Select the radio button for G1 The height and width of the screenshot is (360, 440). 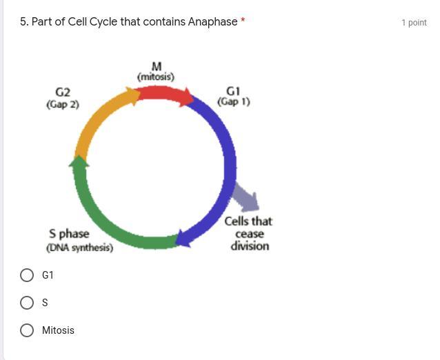pyautogui.click(x=27, y=275)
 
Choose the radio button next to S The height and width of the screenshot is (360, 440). pyautogui.click(x=27, y=303)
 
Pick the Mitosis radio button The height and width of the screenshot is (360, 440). pyautogui.click(x=27, y=330)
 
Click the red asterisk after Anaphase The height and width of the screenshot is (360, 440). pyautogui.click(x=243, y=20)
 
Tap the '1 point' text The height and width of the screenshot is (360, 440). pyautogui.click(x=414, y=23)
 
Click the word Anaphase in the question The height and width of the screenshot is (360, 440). pyautogui.click(x=212, y=22)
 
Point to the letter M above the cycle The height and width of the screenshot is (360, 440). pyautogui.click(x=157, y=66)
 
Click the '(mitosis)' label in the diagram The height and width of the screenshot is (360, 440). pyautogui.click(x=156, y=77)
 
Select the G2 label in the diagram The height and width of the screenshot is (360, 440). pyautogui.click(x=63, y=92)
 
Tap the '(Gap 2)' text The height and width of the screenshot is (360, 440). pyautogui.click(x=63, y=104)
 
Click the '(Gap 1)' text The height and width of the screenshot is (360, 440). pyautogui.click(x=234, y=101)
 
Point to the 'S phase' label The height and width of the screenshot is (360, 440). pyautogui.click(x=69, y=234)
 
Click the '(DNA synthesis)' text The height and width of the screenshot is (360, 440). pyautogui.click(x=80, y=248)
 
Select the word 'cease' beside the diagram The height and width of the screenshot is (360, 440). pyautogui.click(x=250, y=234)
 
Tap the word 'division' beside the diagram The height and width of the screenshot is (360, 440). pyautogui.click(x=250, y=246)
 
